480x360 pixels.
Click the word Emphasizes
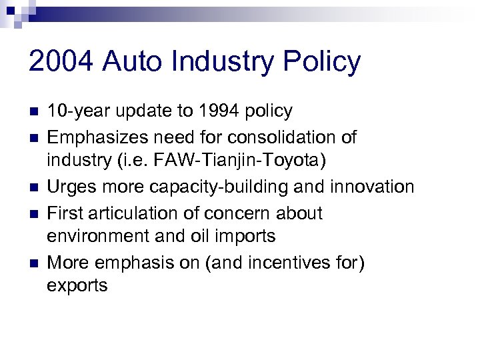point(96,137)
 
